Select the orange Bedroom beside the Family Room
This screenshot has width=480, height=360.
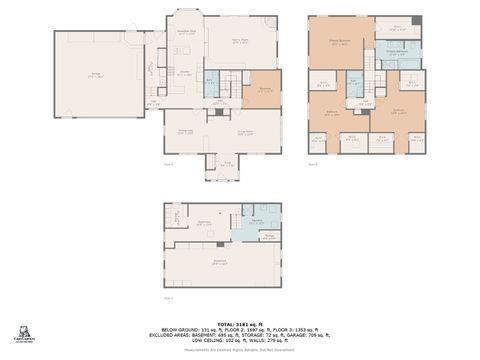[x=263, y=90]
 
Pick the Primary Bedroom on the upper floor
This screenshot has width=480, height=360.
[x=341, y=43]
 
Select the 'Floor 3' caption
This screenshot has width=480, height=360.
[x=313, y=163]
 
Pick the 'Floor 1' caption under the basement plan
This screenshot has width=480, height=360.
[x=168, y=297]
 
